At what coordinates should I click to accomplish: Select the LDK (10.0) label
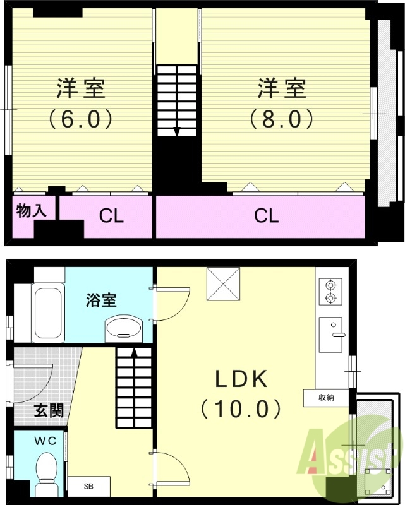coord(241,394)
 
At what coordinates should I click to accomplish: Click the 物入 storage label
coord(31,211)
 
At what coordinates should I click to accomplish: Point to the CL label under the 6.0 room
coord(111,217)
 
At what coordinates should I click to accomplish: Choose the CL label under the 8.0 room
coord(266,217)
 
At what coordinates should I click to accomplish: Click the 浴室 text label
coord(101,300)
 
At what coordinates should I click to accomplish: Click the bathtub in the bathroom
coord(48,312)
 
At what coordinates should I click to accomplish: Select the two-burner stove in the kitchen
coord(329,292)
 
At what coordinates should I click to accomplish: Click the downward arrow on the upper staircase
coord(176,131)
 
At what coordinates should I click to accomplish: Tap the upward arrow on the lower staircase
coord(134,353)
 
